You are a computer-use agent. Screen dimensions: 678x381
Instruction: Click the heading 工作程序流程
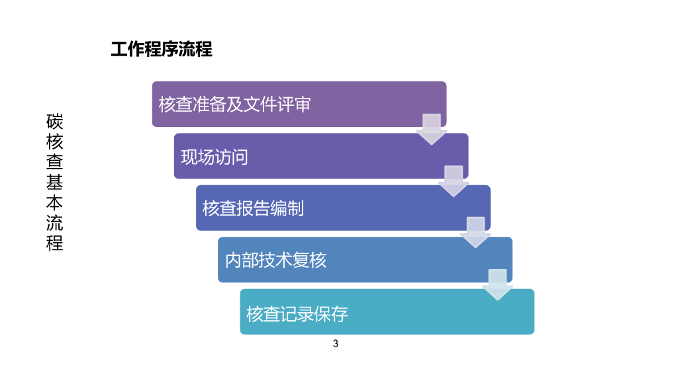tap(162, 50)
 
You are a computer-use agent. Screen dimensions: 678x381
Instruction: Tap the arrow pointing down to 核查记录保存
tap(498, 284)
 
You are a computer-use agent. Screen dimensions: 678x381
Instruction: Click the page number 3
tap(336, 344)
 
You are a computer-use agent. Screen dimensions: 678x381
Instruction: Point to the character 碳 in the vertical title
tap(55, 122)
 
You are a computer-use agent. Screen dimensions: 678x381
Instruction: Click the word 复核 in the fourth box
tap(311, 261)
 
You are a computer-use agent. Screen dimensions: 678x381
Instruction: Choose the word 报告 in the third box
tap(253, 208)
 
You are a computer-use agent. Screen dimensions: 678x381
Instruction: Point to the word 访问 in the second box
tap(232, 157)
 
